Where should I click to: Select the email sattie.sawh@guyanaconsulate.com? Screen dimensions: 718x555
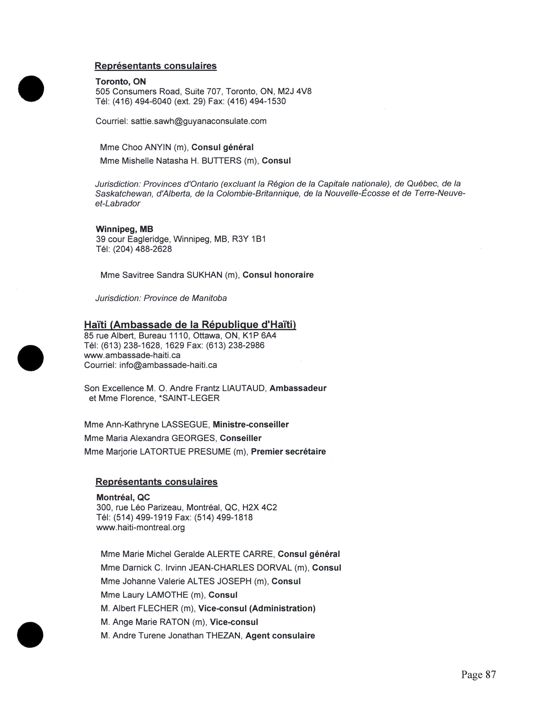[x=198, y=121]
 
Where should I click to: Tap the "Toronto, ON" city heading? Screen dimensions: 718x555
[x=121, y=82]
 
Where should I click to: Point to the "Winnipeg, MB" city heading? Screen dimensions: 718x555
[x=124, y=229]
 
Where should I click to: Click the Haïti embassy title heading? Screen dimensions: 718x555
[x=190, y=325]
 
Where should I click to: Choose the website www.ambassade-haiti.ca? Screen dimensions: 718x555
[x=132, y=355]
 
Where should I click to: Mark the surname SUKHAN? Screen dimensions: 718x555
[x=205, y=275]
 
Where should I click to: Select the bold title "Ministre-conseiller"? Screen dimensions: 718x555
[x=251, y=424]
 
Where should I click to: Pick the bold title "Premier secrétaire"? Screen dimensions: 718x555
[x=288, y=452]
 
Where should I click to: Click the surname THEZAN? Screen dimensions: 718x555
[x=223, y=636]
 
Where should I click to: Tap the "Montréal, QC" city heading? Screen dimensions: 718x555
[x=123, y=497]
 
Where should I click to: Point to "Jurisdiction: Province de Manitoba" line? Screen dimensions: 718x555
[x=161, y=298]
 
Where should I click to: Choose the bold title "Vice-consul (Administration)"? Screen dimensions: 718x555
[x=257, y=609]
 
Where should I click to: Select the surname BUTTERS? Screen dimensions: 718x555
[x=221, y=161]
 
